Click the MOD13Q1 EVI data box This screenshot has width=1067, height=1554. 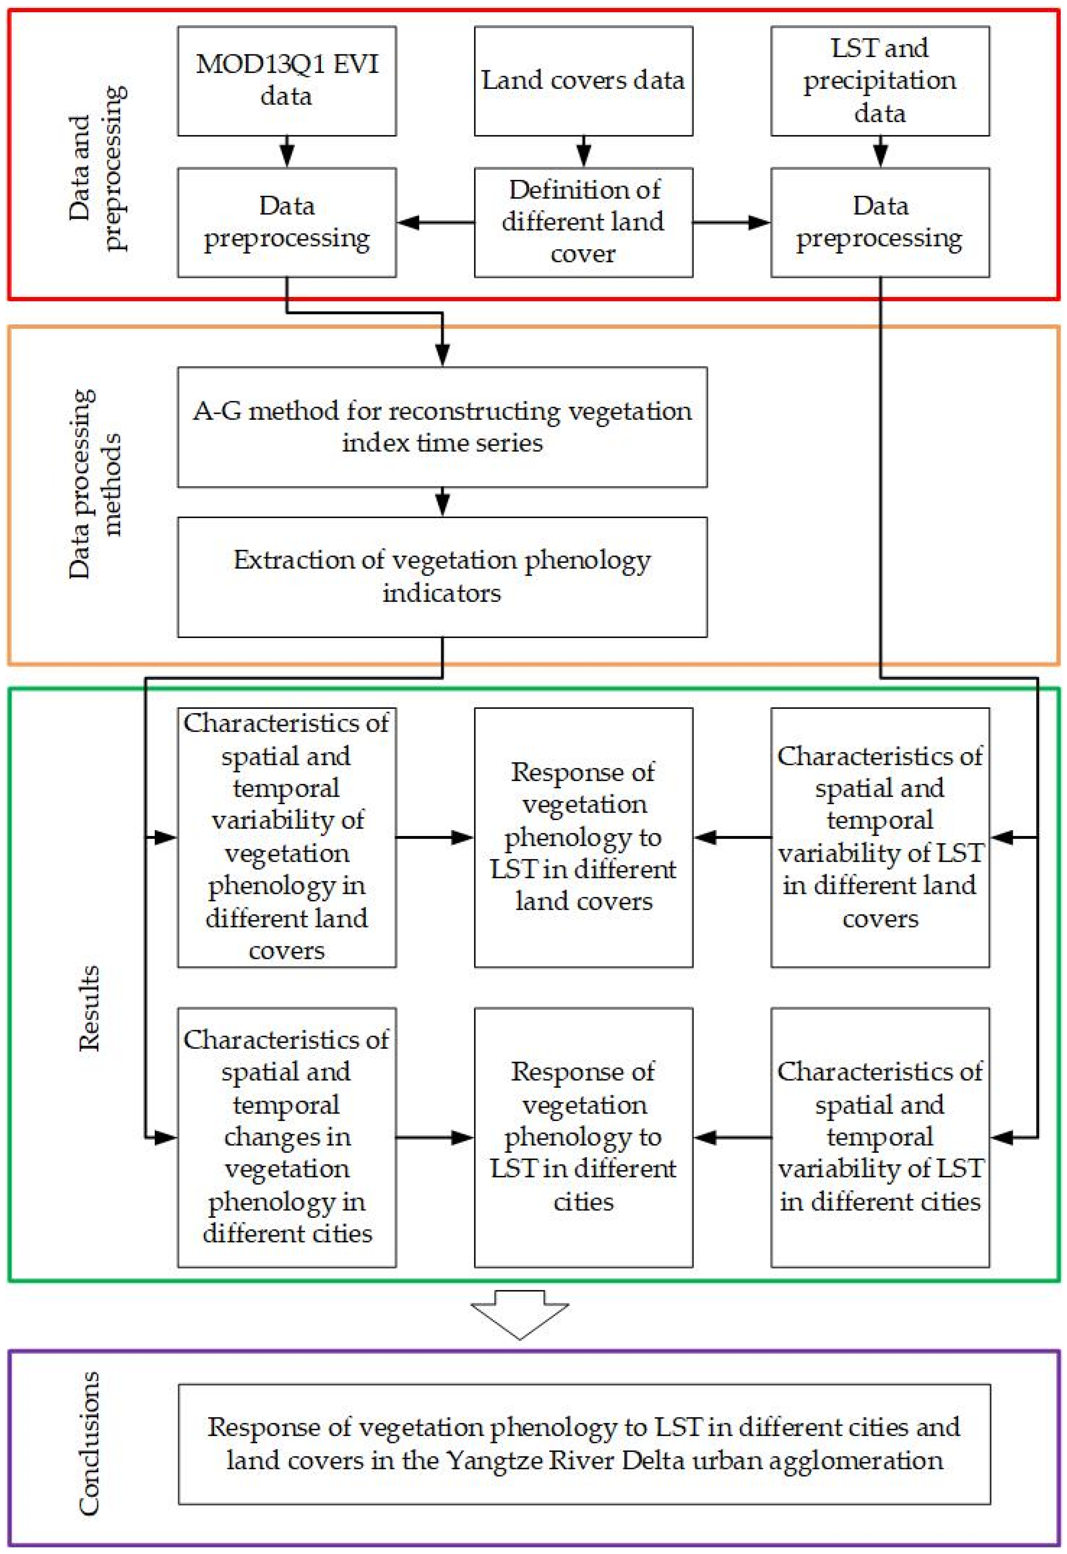(x=287, y=81)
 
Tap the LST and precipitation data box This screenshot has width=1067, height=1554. (x=880, y=81)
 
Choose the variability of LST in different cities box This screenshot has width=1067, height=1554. (x=880, y=1137)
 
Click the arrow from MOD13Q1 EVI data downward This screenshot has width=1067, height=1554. (x=287, y=152)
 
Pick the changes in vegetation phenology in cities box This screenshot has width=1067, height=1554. (x=287, y=1137)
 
